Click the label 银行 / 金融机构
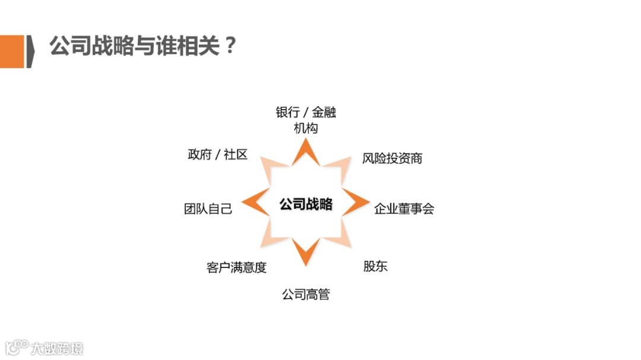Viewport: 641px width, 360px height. (x=306, y=120)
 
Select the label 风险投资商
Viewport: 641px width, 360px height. (x=392, y=158)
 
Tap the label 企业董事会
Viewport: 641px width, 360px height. (x=404, y=209)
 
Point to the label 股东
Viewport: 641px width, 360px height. (x=375, y=266)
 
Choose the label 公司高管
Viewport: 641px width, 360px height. (x=306, y=294)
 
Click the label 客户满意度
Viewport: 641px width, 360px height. (x=237, y=267)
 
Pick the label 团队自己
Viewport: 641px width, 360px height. (x=208, y=209)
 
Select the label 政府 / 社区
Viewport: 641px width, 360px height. (x=217, y=155)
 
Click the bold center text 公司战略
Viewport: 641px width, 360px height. (x=306, y=204)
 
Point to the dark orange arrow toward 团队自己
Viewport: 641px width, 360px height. (x=257, y=203)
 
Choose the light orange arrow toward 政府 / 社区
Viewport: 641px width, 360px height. (x=271, y=169)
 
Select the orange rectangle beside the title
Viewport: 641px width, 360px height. (x=12, y=51)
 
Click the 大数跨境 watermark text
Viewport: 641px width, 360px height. (x=58, y=348)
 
